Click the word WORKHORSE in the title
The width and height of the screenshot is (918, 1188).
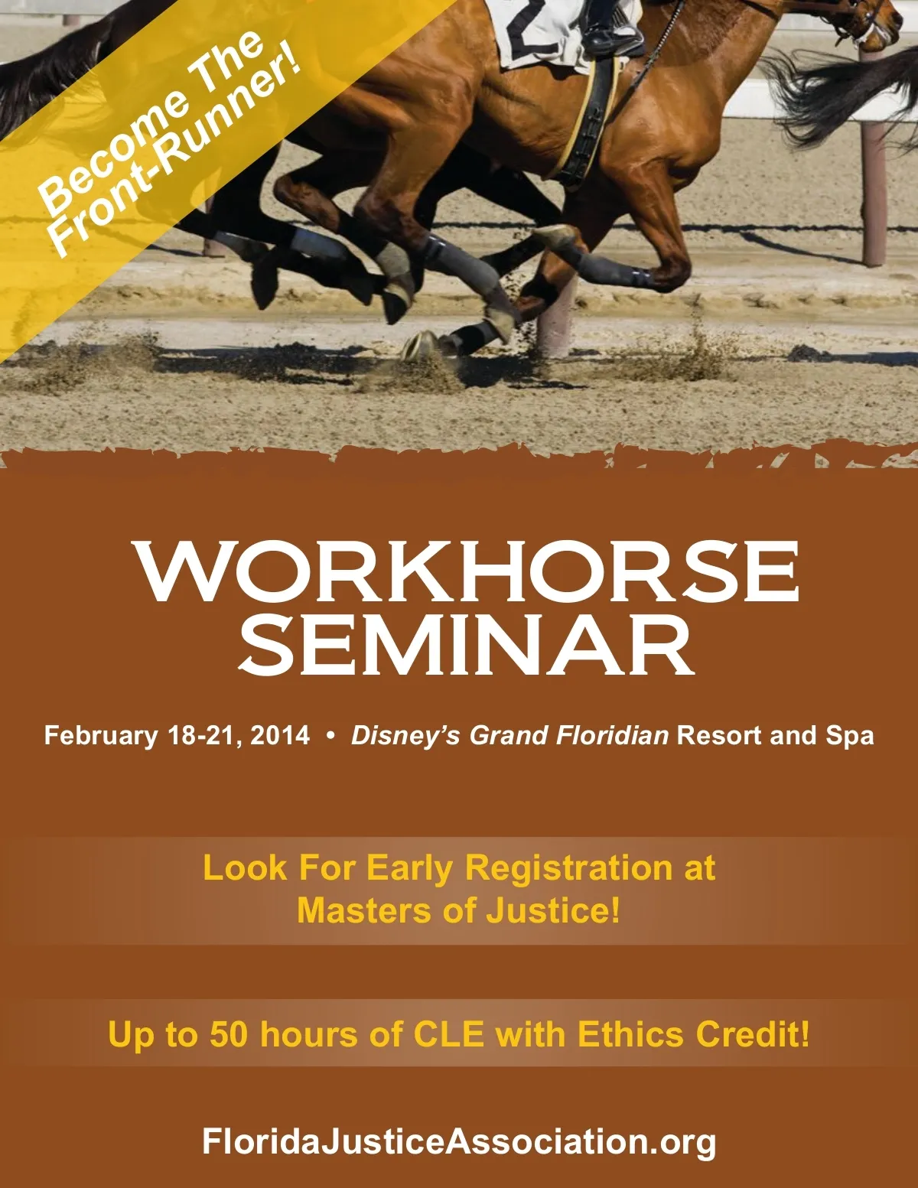coord(468,572)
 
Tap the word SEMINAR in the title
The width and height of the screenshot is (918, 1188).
coord(467,645)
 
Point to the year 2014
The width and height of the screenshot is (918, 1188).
coord(280,735)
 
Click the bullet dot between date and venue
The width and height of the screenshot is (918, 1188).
coord(330,736)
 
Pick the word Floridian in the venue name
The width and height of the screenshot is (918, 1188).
coord(612,735)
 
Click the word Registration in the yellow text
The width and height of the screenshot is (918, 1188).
coord(568,868)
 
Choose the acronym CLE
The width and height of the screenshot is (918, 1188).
coord(449,1034)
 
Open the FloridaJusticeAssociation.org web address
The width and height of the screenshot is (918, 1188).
coord(459,1141)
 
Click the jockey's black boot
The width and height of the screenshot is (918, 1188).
coord(611,34)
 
